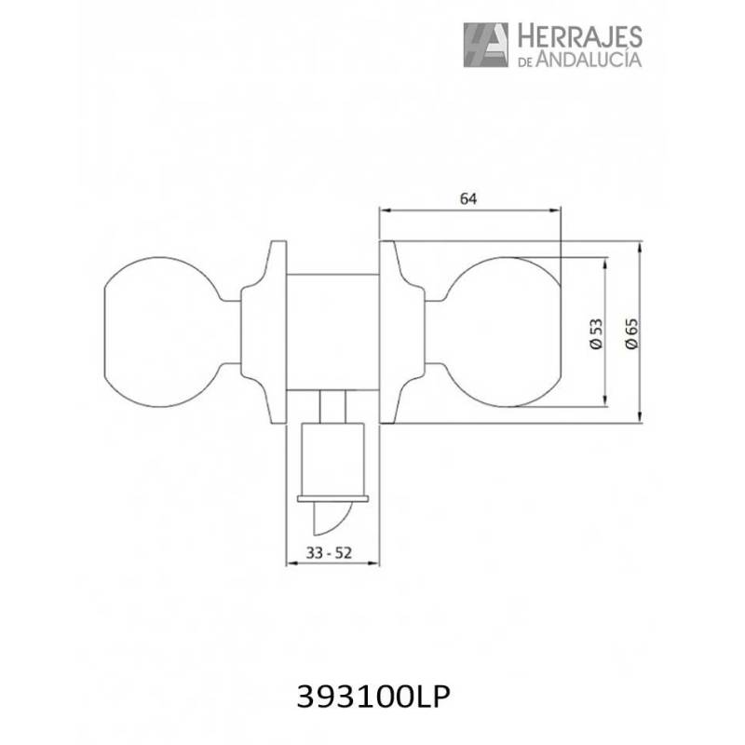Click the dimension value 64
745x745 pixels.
(x=468, y=198)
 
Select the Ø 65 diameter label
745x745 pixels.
(x=631, y=333)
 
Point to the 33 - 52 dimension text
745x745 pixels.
(x=329, y=552)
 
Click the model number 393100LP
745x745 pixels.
(x=373, y=698)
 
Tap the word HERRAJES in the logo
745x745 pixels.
(x=579, y=37)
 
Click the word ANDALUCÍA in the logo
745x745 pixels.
(x=589, y=59)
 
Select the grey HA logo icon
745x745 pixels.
(x=485, y=45)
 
